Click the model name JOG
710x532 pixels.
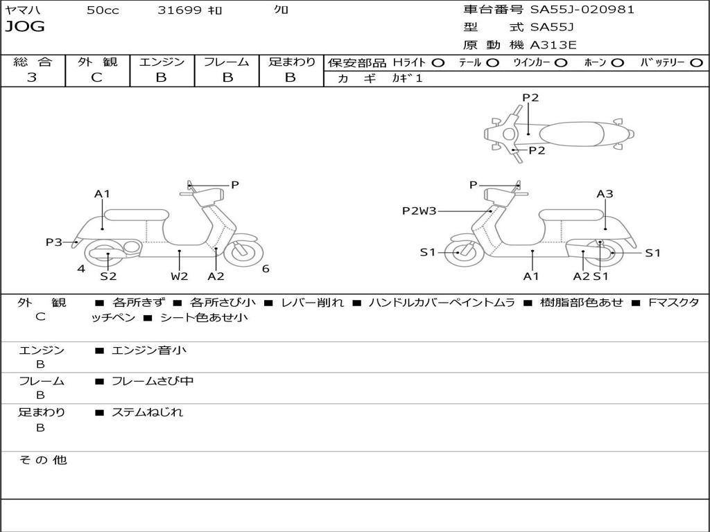(x=25, y=27)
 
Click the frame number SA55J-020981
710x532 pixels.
(x=582, y=10)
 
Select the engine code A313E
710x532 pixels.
(x=553, y=45)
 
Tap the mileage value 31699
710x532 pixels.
(x=180, y=10)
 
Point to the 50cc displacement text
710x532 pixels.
(x=103, y=10)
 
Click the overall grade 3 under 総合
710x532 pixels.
(x=32, y=78)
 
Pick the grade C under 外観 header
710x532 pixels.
(x=96, y=78)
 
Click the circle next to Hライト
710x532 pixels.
(x=438, y=63)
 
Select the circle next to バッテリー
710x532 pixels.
(x=696, y=63)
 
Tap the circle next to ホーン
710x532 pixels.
(x=617, y=63)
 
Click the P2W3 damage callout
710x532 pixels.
(x=419, y=211)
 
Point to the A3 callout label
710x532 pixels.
(x=605, y=194)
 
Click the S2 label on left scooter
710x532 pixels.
(x=108, y=276)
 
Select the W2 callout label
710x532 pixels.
(x=180, y=276)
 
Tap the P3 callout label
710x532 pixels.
(x=54, y=242)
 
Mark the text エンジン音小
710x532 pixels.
(x=148, y=350)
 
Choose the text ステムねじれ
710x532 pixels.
(x=147, y=412)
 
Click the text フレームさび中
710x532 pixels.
(x=153, y=381)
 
